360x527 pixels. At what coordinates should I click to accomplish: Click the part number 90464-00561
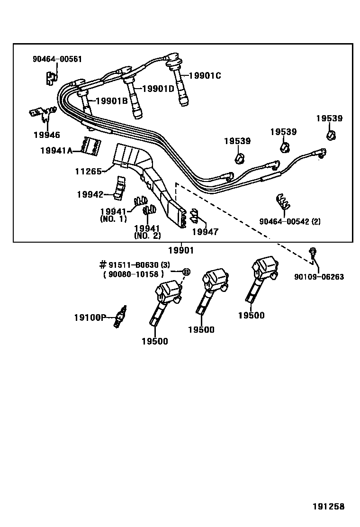pos(57,59)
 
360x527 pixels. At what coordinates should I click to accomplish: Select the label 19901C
pos(205,75)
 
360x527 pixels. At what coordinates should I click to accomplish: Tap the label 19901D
pos(158,88)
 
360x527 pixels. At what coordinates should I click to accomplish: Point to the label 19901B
pos(112,100)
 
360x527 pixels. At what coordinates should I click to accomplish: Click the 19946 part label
pos(47,135)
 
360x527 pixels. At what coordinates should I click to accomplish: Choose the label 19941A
pos(56,151)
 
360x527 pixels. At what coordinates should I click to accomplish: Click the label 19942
pos(90,194)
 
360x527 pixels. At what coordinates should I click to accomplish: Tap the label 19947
pos(205,232)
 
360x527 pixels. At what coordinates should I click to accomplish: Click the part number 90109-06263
pos(319,277)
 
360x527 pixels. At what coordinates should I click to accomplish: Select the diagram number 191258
pos(328,507)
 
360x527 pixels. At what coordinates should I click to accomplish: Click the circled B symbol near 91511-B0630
pos(186,272)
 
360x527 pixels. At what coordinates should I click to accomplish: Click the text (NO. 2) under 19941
pos(147,236)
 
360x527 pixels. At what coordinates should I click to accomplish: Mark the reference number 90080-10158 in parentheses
pos(133,273)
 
